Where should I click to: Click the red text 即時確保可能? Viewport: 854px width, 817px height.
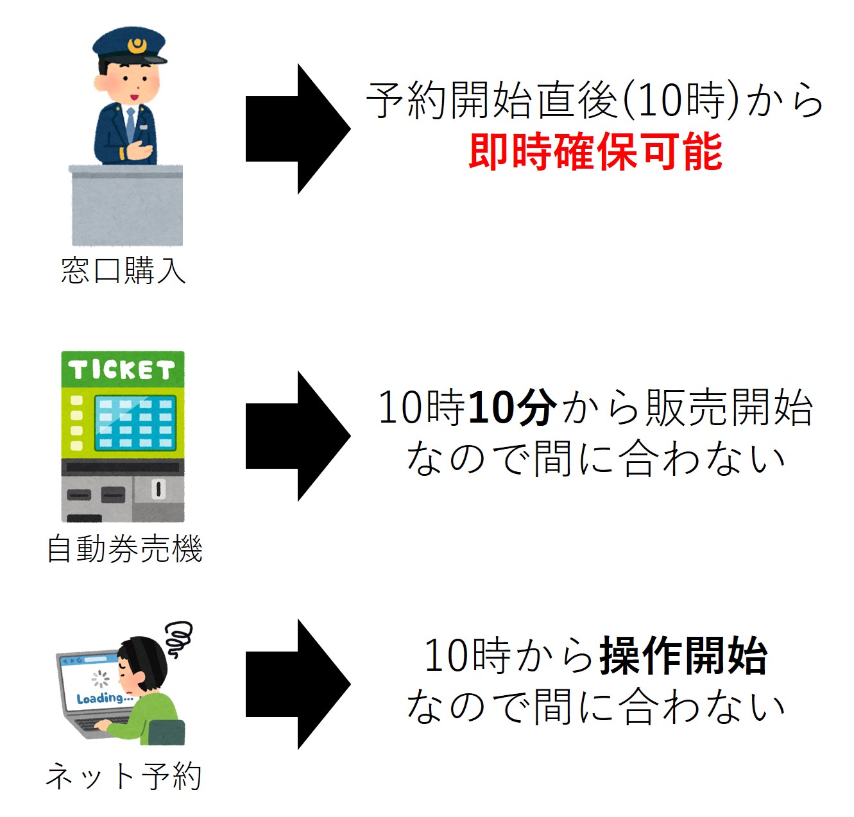click(x=595, y=152)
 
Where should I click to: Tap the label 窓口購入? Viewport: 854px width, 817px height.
click(x=123, y=271)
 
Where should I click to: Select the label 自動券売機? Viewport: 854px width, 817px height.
click(x=124, y=549)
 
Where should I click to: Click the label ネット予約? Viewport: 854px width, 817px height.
click(x=123, y=776)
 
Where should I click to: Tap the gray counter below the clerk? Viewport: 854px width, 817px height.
click(x=126, y=205)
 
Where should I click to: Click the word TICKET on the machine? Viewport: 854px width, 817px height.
click(x=122, y=370)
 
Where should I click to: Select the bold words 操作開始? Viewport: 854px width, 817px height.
click(x=683, y=655)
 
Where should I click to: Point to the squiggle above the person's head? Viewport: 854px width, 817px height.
click(x=178, y=638)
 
